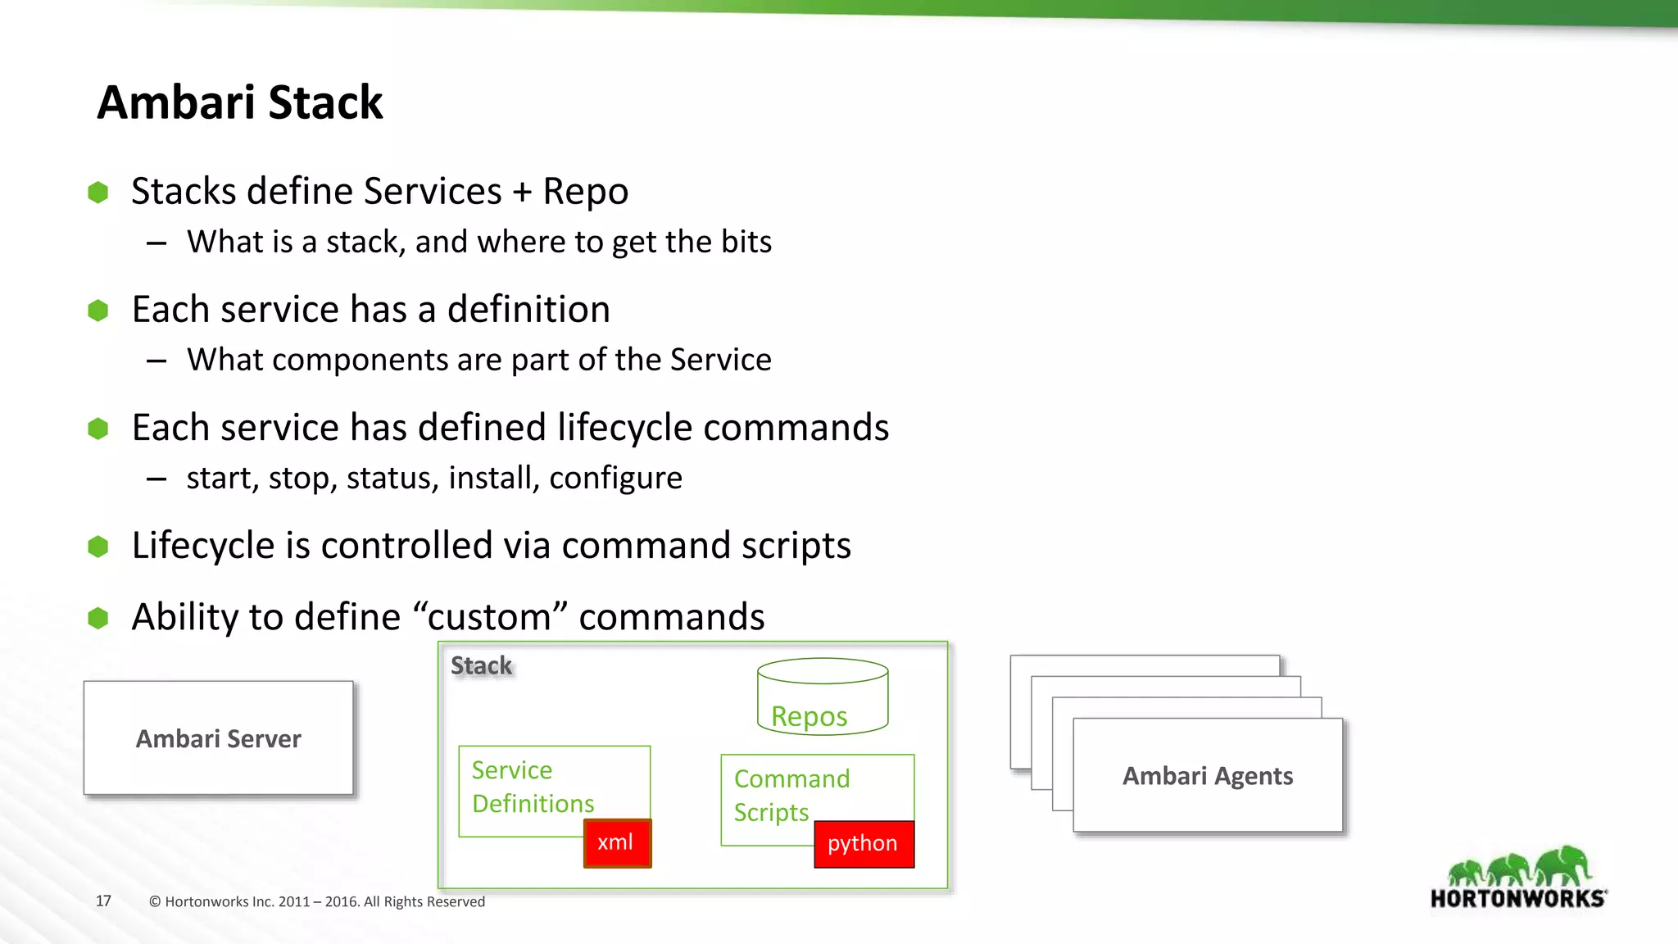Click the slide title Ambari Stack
coord(239,102)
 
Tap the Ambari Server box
coord(219,738)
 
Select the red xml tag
coord(616,842)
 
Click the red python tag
coord(863,843)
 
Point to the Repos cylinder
coord(823,697)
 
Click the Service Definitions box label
coord(532,787)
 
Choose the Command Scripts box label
coord(791,795)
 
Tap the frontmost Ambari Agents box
coord(1208,776)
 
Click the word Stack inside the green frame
coord(481,665)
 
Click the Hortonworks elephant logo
coord(1518,878)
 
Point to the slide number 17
coord(103,901)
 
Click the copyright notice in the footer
coord(316,901)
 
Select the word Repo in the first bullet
coord(585,192)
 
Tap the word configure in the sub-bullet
coord(615,478)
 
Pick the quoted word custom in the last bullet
coord(490,617)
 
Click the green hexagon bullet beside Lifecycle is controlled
coord(98,547)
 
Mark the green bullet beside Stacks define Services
coord(98,193)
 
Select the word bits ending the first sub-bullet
coord(746,242)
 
